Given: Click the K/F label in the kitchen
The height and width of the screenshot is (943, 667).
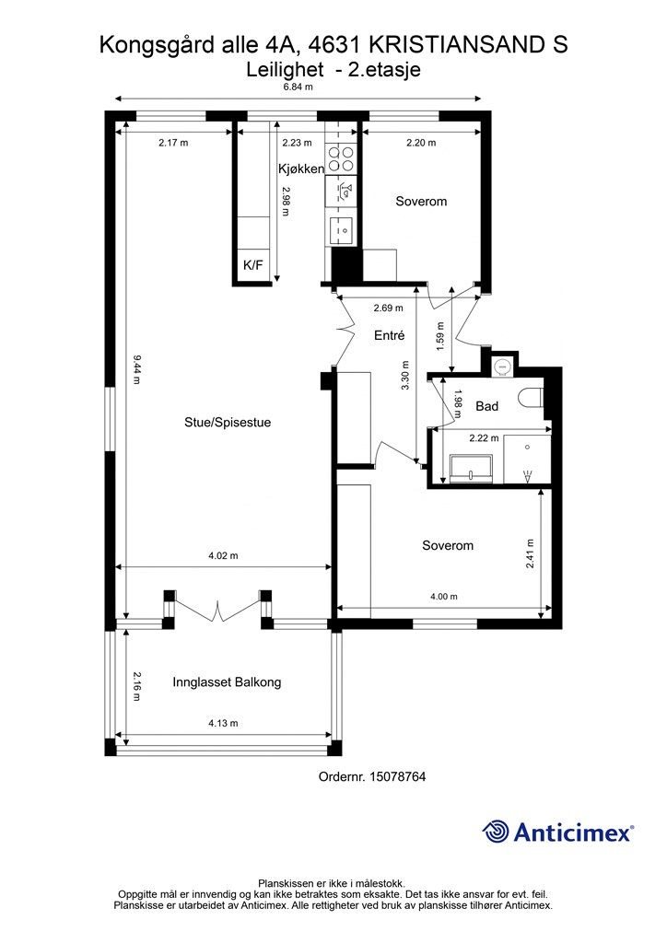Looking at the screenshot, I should coord(252,265).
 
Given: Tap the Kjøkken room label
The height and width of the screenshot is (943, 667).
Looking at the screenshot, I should coord(301,169).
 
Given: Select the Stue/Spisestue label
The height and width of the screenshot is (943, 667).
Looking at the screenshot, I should coord(227,423).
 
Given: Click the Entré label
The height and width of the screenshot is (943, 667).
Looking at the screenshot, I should coord(390,336).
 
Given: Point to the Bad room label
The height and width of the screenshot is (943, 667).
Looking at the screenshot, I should coord(487,406).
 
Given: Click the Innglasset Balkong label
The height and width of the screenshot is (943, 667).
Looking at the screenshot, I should coord(227,682).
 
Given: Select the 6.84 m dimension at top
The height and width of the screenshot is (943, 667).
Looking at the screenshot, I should coord(298,87).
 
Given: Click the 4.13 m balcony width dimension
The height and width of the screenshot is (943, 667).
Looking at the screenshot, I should coord(223,724).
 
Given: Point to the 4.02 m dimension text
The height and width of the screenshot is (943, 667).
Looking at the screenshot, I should coord(223,555).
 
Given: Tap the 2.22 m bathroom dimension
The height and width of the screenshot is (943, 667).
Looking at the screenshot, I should coord(484,438).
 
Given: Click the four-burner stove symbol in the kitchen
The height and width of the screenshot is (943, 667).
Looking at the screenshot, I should coord(344,158).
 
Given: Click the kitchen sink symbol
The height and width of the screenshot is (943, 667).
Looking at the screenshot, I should coord(343,228).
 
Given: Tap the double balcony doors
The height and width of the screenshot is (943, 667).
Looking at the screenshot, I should coord(217,608).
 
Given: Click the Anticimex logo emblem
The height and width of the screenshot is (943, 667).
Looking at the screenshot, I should coord(497,832).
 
